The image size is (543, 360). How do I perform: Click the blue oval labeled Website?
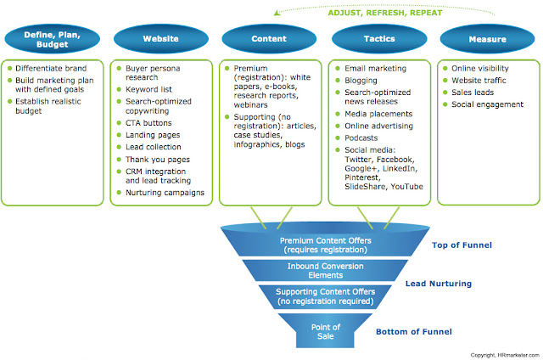[161, 38]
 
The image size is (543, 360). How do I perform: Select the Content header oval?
[269, 38]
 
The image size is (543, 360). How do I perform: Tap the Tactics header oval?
[379, 38]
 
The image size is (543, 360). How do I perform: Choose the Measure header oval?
[487, 39]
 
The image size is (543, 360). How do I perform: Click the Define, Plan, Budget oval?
[53, 39]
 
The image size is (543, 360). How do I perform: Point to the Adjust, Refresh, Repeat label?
[385, 13]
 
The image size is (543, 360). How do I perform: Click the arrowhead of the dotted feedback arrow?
[277, 14]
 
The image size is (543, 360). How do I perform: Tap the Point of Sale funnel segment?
[325, 331]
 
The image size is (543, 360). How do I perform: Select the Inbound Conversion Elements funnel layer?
[325, 271]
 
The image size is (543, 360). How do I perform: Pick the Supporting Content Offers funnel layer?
[325, 296]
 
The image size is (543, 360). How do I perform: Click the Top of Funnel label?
[462, 245]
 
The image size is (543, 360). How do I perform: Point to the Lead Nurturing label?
[439, 284]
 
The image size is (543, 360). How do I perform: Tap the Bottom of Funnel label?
[414, 332]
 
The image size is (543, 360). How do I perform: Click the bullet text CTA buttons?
[148, 123]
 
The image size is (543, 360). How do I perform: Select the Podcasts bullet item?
[361, 138]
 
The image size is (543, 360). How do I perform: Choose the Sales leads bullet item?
[473, 93]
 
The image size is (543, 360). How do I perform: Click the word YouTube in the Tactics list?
[407, 187]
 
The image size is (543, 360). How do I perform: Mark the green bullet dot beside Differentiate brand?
[9, 68]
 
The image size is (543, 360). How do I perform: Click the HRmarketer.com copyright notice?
[505, 355]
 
